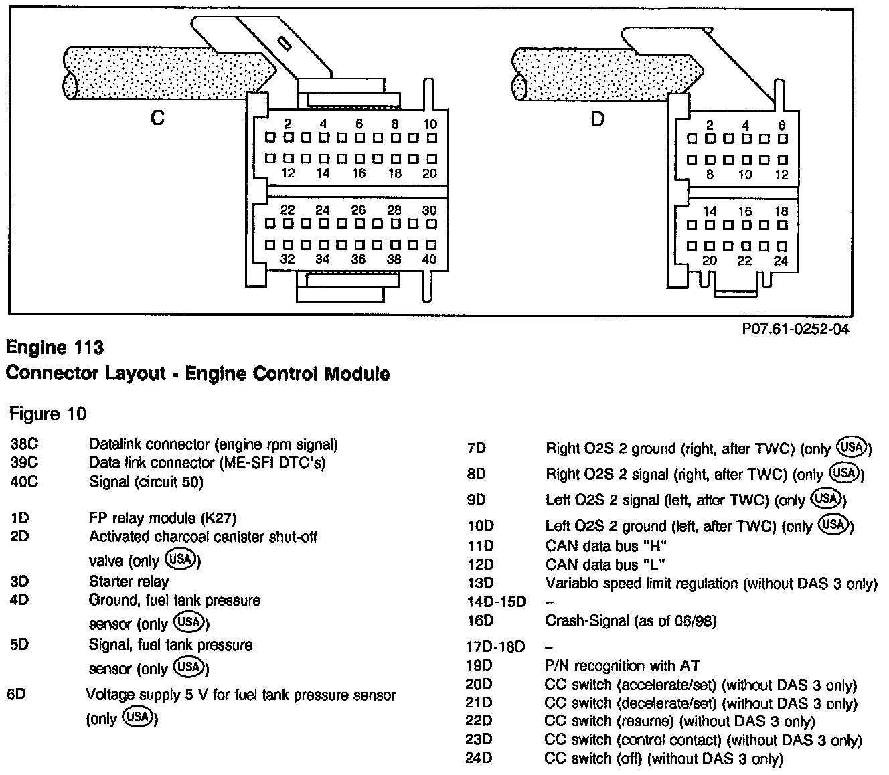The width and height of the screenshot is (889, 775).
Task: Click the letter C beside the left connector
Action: tap(157, 118)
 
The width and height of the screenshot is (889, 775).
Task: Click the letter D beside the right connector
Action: tap(597, 120)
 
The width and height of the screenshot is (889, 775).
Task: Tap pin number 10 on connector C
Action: tap(430, 124)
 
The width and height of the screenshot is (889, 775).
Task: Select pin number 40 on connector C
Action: tap(429, 260)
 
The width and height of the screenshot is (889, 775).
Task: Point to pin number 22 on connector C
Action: tap(288, 210)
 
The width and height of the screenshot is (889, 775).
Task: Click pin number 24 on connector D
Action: tap(781, 261)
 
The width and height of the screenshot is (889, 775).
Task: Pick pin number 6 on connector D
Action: tap(781, 125)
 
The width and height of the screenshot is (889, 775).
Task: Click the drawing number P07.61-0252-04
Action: tap(795, 330)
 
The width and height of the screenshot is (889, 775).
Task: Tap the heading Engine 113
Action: tap(55, 348)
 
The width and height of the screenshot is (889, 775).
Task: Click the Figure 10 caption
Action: tap(48, 414)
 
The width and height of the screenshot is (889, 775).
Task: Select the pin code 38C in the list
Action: tap(25, 444)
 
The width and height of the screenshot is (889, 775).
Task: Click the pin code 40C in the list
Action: tap(25, 481)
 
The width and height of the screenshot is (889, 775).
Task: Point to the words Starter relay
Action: tap(129, 582)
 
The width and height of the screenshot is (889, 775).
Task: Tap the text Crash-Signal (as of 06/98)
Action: tap(631, 621)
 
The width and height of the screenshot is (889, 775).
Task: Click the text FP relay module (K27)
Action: tap(163, 518)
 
